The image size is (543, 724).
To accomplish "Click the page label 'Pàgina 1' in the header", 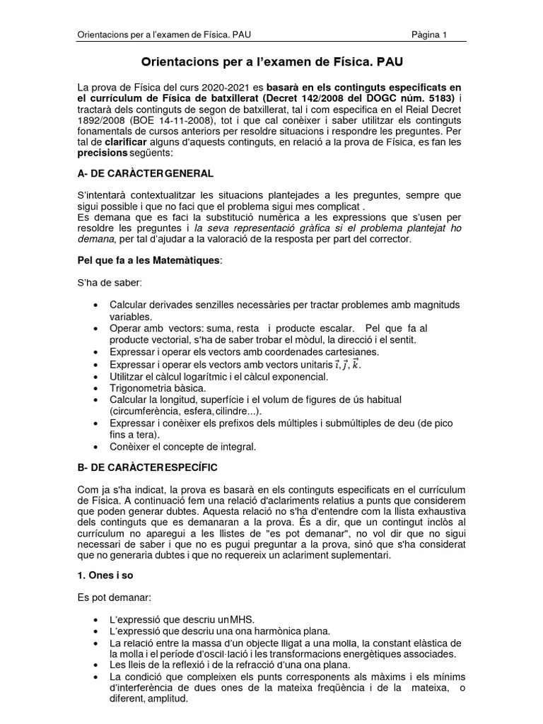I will coord(429,36).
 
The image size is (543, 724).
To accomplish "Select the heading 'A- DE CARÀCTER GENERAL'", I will coord(145,173).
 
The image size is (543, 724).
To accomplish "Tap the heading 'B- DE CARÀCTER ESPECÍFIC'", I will coord(147,469).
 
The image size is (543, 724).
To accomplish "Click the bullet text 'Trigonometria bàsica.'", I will coord(158,388).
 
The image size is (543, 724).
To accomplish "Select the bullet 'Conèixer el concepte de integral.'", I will coord(182,447).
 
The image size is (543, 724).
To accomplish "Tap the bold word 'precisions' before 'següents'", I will coord(103,153).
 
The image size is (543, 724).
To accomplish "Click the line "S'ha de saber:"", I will coord(110,283).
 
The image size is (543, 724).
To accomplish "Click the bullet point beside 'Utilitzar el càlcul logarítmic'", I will coord(95,377).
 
